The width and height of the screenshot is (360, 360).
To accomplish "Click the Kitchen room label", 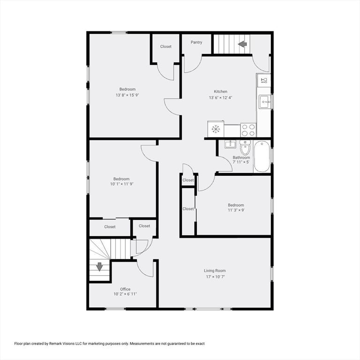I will [221, 91].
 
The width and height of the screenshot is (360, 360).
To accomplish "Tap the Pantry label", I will [196, 43].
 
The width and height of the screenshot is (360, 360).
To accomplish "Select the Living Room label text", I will [215, 270].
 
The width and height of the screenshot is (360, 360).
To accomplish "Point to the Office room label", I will [125, 289].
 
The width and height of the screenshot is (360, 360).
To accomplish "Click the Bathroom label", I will [241, 157].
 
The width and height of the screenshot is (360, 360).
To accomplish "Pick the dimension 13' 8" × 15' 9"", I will [127, 95].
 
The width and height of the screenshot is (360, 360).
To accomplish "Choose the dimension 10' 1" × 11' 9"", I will [121, 184].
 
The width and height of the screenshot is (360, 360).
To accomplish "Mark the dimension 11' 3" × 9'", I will [236, 210].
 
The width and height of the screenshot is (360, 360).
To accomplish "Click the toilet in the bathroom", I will [245, 147].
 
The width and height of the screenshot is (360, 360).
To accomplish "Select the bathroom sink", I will [230, 144].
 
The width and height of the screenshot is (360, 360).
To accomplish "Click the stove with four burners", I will [248, 130].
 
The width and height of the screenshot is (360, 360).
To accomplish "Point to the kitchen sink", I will [264, 101].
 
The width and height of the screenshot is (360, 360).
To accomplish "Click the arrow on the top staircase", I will [242, 45].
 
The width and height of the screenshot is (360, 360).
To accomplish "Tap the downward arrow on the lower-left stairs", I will [99, 266].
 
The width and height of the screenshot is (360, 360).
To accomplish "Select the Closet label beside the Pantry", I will [166, 46].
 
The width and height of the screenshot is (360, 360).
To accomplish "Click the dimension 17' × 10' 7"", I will [215, 277].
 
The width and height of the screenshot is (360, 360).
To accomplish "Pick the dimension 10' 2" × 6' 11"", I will [125, 294].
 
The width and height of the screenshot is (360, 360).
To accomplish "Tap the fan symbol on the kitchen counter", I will [216, 129].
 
